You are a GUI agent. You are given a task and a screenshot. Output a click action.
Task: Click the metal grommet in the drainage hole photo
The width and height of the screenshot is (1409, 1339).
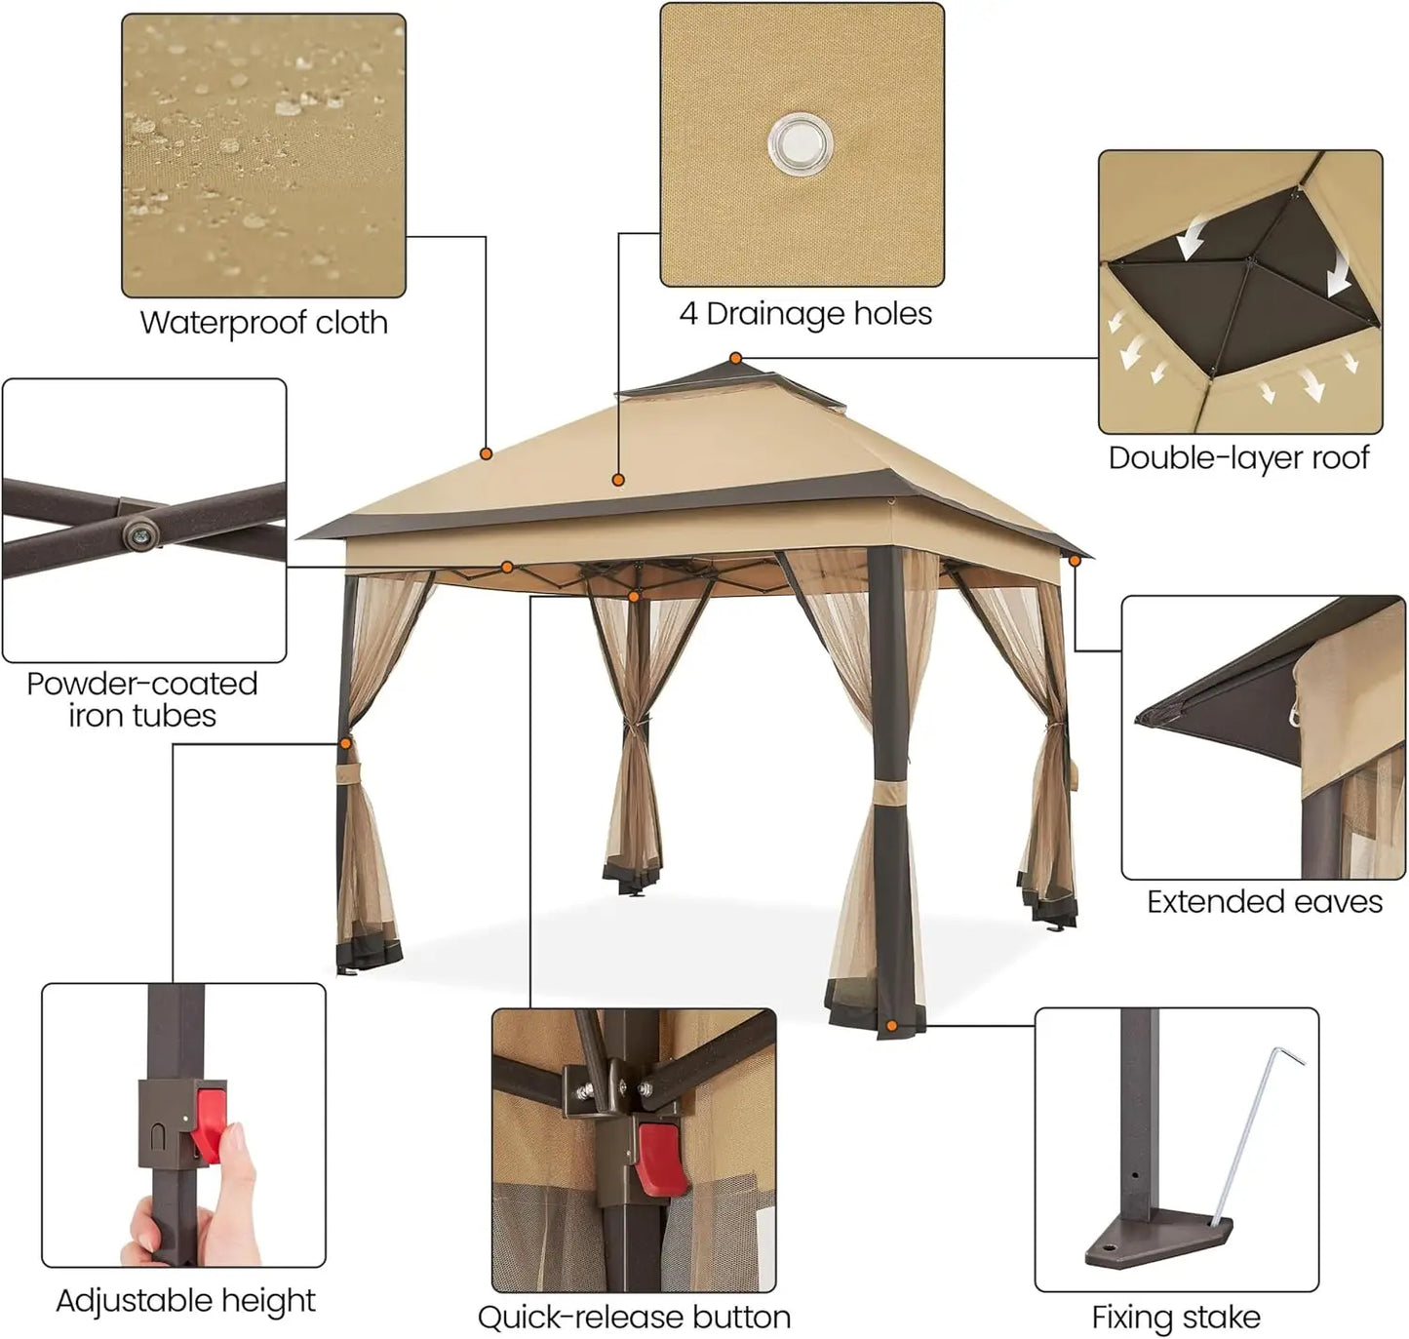[801, 142]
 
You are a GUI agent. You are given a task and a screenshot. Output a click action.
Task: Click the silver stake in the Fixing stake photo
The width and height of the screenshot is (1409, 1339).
[1248, 1135]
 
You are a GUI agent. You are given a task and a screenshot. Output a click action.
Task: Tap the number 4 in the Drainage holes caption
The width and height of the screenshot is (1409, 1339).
[688, 314]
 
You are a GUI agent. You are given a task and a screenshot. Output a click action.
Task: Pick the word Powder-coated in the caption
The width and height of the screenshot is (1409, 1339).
[142, 684]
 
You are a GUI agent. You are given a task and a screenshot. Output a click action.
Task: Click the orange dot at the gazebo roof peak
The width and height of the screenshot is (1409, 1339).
[735, 358]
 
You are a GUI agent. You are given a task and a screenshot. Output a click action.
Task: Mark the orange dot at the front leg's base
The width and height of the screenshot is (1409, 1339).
[891, 1026]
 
